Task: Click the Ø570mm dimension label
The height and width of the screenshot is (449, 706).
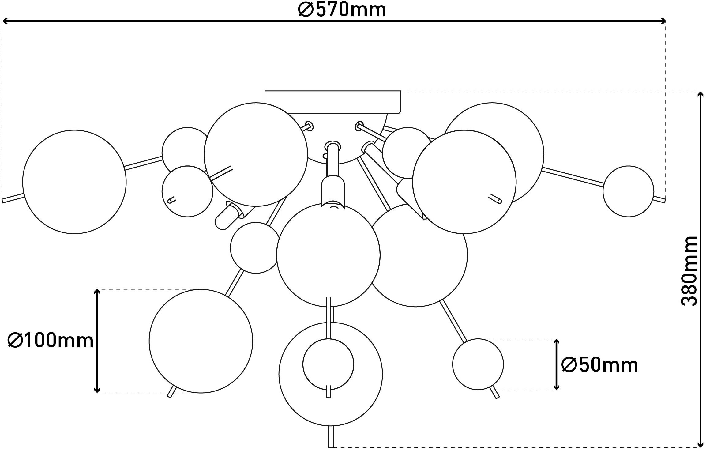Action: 342,10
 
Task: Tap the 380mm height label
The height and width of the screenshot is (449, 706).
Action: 689,271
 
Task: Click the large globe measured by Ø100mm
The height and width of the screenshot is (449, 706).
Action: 201,341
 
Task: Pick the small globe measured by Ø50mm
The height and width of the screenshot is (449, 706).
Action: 478,364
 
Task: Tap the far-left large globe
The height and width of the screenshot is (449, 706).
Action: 74,182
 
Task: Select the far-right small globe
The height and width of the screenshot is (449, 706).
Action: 629,191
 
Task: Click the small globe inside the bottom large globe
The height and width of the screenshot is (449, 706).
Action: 329,364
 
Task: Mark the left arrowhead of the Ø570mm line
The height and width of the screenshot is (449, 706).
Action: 3,21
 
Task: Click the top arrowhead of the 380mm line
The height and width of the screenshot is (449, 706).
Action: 700,92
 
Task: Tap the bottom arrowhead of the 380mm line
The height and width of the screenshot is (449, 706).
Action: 700,446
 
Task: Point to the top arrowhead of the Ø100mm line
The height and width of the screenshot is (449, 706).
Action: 97,291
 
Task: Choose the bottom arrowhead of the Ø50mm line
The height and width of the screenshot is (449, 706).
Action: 556,388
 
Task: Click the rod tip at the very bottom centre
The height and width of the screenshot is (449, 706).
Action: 330,447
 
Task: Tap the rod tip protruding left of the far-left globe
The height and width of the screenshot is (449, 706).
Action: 3,201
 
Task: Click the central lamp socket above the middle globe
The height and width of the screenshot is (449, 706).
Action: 333,190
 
